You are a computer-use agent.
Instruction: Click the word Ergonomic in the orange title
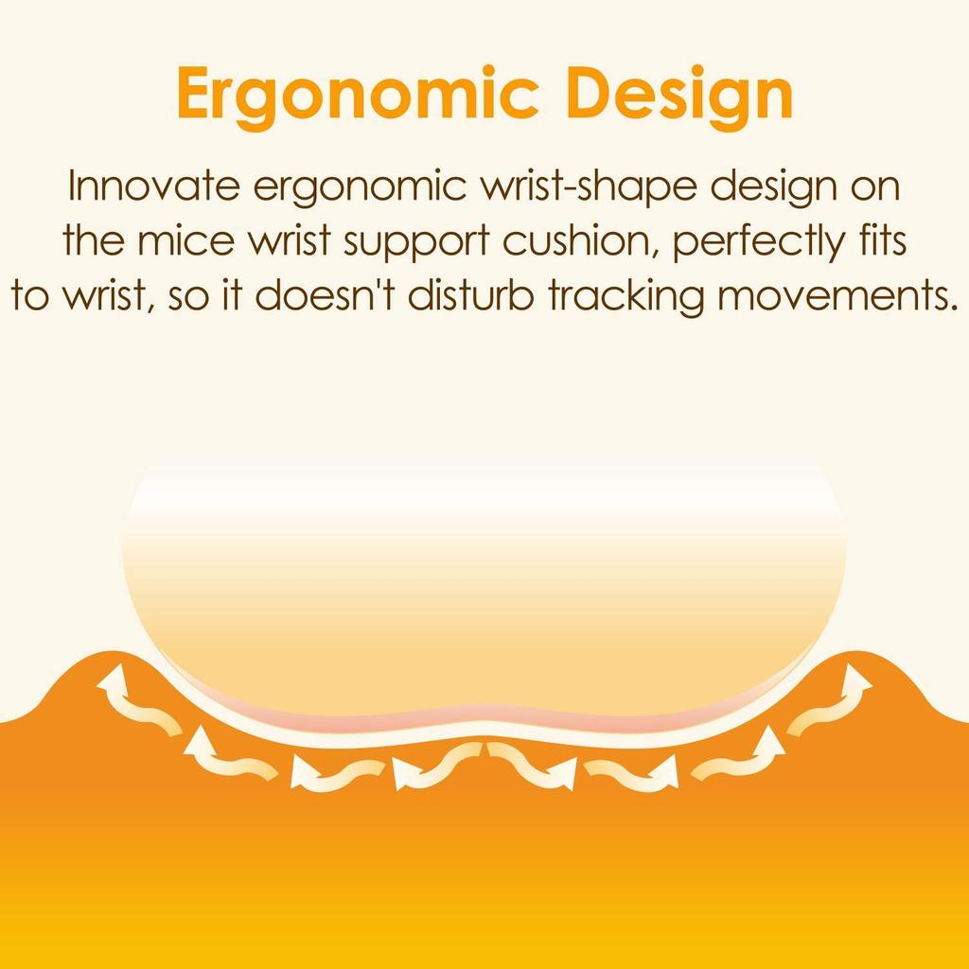358,96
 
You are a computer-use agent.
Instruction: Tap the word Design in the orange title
679,96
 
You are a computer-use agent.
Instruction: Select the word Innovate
153,185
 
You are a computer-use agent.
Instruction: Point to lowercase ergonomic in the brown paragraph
360,188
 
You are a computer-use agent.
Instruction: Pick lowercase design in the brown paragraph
774,188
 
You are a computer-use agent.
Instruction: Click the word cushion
583,241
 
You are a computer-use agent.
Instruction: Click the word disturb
470,295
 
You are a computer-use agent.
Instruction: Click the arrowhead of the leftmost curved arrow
112,682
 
